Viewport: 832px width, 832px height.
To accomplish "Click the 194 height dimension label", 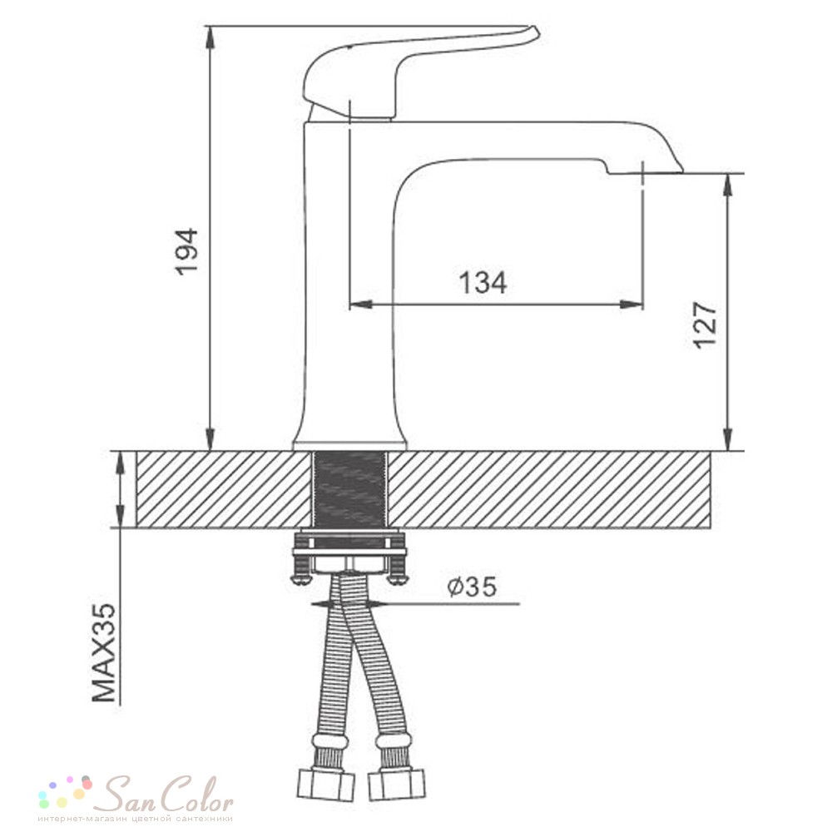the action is (x=186, y=251).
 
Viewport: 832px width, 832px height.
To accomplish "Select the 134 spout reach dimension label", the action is (x=483, y=282).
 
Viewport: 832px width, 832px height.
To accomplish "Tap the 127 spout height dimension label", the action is (x=706, y=324).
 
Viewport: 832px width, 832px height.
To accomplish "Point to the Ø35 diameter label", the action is (x=472, y=587).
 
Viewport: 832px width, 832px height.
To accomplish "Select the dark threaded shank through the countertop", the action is (x=349, y=489).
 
